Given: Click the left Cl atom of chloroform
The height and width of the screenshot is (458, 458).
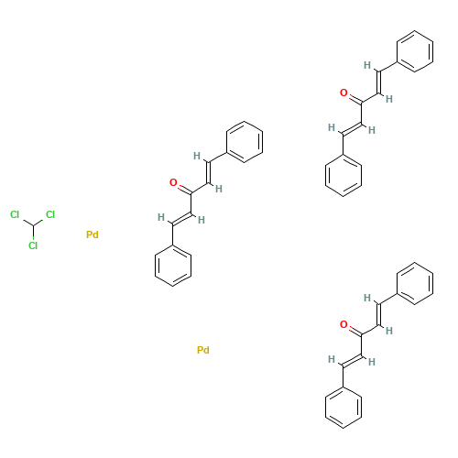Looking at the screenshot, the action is (x=15, y=214).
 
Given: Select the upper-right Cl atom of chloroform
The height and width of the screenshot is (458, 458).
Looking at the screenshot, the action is (x=50, y=214).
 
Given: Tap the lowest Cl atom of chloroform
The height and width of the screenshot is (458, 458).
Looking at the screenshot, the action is (x=33, y=245).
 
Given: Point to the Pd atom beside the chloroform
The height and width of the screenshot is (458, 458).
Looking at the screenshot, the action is (x=92, y=235).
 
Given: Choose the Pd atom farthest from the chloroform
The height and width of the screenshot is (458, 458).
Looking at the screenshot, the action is (x=203, y=350).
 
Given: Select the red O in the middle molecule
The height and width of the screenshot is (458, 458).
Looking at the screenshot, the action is (x=173, y=183).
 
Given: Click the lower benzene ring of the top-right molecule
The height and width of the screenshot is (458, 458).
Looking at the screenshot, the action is (x=343, y=174).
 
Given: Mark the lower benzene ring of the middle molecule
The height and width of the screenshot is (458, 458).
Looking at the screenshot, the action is (x=171, y=265).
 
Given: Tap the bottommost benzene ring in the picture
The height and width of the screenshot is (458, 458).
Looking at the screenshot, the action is (x=343, y=406).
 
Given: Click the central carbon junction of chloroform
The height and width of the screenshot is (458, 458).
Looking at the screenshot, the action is (x=33, y=225).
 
